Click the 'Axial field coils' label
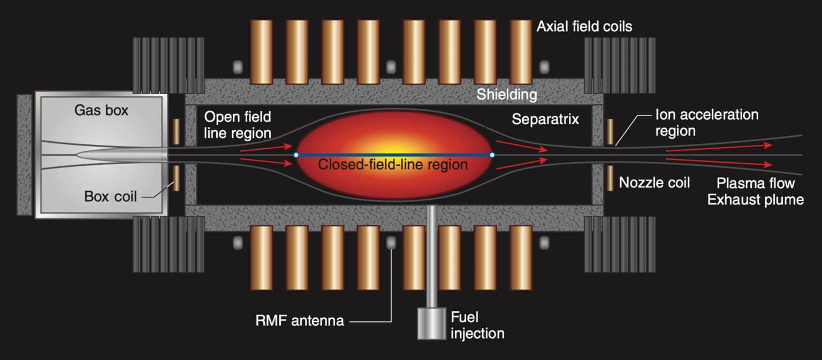584,26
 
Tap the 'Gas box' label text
101,111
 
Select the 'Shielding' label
507,95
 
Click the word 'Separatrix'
545,119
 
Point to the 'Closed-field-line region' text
393,165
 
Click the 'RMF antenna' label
300,321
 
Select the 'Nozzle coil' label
654,183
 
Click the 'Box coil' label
110,196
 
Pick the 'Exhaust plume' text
755,200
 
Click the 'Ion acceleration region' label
706,122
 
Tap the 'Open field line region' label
237,125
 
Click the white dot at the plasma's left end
296,155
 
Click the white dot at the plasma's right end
492,155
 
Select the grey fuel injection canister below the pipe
431,323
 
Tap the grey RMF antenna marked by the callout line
391,243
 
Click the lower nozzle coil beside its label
610,178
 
